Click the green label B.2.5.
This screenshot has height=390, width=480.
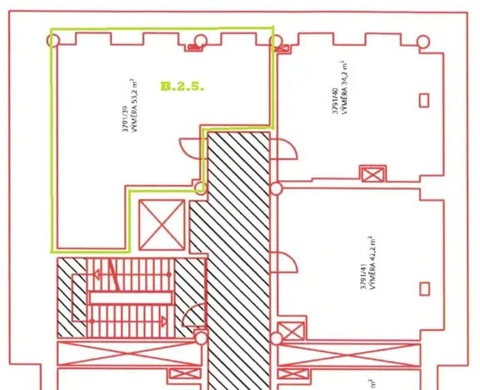pos(182,86)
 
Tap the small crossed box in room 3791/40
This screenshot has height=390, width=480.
pos(372,174)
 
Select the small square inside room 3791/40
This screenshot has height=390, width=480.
pos(424,101)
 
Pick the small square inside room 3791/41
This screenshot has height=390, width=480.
pos(424,290)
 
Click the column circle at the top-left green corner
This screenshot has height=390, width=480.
pos(54,40)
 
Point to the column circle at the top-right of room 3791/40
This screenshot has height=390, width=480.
pos(423,42)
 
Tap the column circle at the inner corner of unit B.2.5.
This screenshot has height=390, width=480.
pos(200,188)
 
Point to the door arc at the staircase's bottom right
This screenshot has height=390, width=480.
pos(193,316)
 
